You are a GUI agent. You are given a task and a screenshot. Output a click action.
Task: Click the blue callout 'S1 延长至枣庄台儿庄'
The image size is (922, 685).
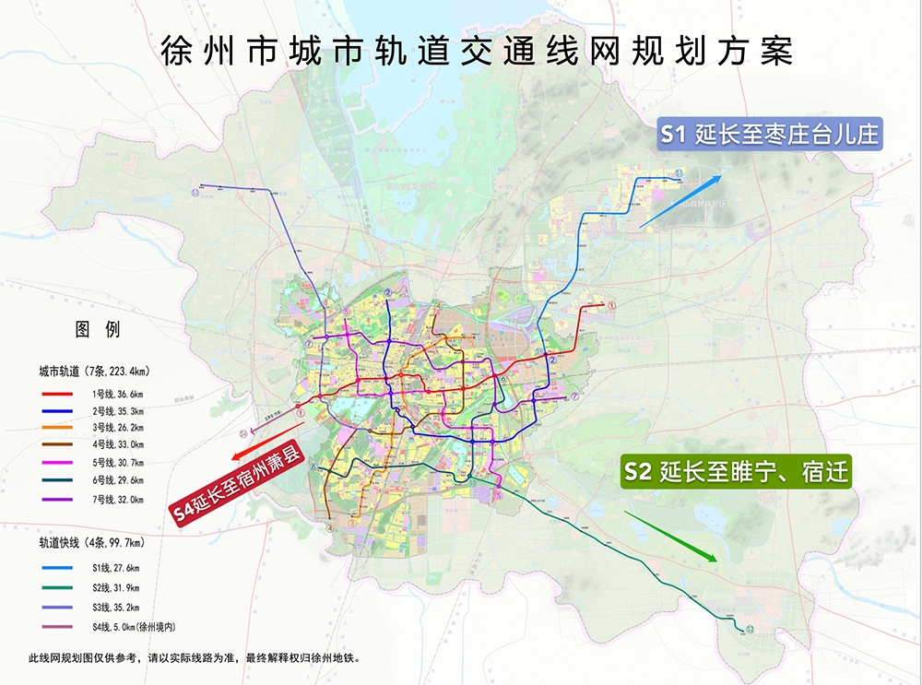click(x=770, y=136)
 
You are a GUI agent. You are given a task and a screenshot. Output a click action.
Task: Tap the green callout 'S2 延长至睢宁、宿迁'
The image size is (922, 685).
click(x=735, y=472)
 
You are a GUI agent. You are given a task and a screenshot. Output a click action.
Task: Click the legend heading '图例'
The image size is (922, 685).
click(x=97, y=329)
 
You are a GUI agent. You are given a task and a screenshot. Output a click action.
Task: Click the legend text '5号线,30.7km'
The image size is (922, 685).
click(x=117, y=464)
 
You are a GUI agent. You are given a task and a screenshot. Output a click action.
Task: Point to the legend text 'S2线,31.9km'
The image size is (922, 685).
click(x=119, y=587)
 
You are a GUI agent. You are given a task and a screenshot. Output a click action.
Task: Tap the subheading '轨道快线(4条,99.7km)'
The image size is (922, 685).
click(x=91, y=544)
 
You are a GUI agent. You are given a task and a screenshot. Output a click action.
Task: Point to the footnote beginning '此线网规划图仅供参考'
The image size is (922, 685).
click(x=193, y=658)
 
